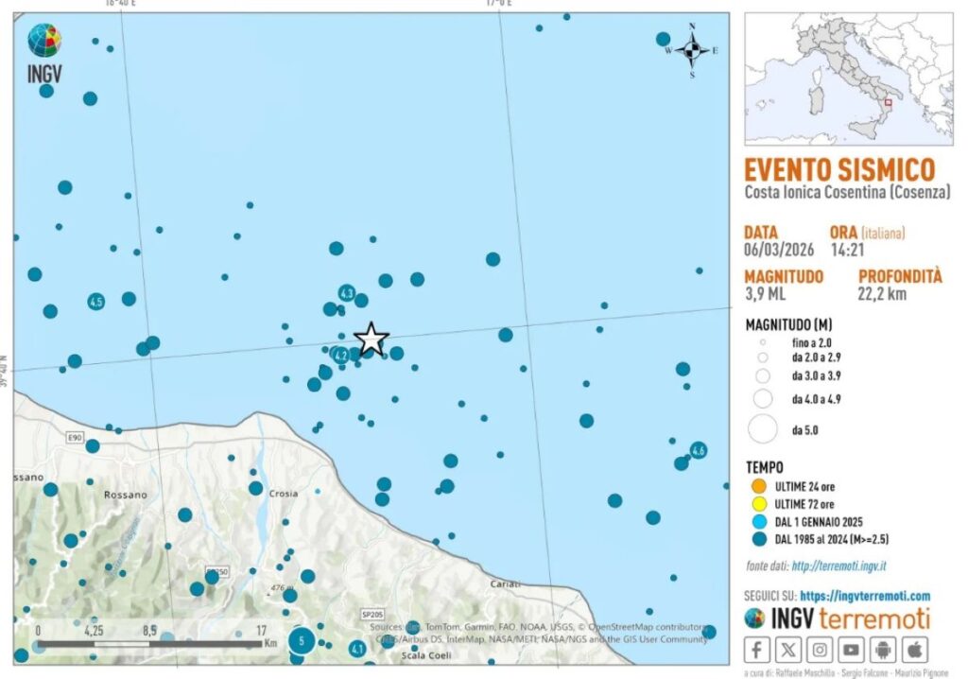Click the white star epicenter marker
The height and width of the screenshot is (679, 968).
[372, 339]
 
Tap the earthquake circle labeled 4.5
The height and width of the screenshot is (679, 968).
[95, 302]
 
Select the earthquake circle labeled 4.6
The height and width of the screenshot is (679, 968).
[698, 450]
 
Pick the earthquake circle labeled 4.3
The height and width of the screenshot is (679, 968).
[347, 293]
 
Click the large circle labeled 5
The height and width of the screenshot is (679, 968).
[301, 641]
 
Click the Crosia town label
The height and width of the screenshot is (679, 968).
[283, 494]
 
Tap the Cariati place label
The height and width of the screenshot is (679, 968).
[506, 585]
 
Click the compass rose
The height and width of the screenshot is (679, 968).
[692, 50]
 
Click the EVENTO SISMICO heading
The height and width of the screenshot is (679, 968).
[839, 170]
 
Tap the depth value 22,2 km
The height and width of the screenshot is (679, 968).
[883, 294]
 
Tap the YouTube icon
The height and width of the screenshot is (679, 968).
[852, 650]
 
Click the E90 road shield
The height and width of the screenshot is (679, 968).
[75, 438]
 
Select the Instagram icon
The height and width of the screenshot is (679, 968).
[820, 650]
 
